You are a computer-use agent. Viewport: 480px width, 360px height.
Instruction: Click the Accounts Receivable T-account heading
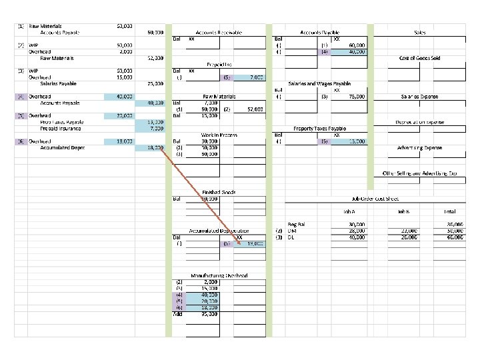(x=218, y=32)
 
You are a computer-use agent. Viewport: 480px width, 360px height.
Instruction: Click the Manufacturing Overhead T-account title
(x=219, y=275)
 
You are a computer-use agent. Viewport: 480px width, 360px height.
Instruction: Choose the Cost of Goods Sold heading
(x=419, y=58)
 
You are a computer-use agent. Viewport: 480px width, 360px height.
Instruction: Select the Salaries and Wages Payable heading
(x=319, y=84)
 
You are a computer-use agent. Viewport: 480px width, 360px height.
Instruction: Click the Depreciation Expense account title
(x=419, y=122)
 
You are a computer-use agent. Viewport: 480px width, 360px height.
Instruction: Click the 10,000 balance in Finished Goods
(x=211, y=199)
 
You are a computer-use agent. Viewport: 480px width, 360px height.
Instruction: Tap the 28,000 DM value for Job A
(x=356, y=231)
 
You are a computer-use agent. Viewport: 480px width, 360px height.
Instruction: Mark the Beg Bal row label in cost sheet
(x=296, y=225)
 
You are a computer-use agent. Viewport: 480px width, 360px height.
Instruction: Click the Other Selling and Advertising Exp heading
(x=419, y=173)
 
